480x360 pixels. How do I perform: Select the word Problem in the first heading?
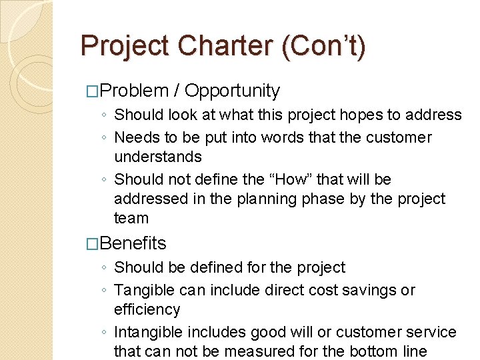pos(137,91)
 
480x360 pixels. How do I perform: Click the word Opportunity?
pos(232,91)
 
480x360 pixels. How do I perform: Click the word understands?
pos(158,157)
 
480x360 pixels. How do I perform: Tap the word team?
pos(131,218)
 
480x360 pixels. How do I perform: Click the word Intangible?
pos(149,332)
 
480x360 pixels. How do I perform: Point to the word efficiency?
pos(147,309)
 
